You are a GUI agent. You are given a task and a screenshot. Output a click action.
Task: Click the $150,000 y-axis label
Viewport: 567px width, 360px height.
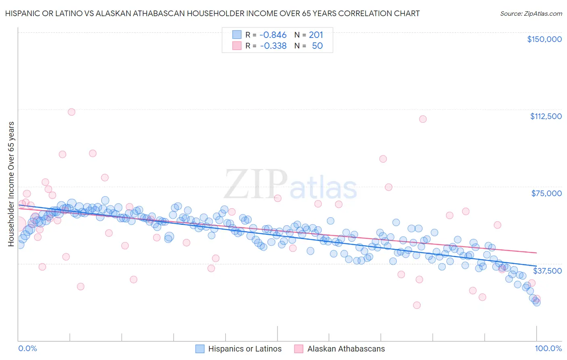tap(544, 39)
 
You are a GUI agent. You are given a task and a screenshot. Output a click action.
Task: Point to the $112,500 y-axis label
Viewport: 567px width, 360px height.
tap(546, 116)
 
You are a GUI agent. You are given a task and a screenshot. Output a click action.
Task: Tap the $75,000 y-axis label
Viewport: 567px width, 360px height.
tap(546, 193)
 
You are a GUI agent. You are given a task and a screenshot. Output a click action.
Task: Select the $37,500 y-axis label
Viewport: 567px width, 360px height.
tap(547, 271)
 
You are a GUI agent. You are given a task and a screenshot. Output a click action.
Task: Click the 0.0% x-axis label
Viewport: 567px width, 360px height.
tap(27, 348)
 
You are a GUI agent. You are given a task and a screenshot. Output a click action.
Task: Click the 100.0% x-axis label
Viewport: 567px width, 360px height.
tap(548, 348)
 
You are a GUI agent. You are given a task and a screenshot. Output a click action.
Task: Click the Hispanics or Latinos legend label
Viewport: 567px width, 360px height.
tap(245, 349)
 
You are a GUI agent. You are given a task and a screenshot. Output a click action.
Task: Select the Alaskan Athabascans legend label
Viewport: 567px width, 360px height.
tap(346, 349)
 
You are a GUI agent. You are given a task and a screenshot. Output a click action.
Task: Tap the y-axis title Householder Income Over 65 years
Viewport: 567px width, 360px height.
tap(11, 184)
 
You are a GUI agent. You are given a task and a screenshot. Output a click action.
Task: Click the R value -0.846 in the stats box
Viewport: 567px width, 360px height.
tap(273, 35)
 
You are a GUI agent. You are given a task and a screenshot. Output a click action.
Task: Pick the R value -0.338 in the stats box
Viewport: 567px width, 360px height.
tap(273, 46)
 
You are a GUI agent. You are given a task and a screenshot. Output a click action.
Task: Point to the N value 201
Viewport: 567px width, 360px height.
tap(316, 35)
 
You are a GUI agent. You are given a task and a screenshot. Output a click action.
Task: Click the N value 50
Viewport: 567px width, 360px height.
tap(317, 46)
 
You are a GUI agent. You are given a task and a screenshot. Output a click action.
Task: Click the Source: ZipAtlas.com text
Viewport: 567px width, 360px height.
tap(531, 14)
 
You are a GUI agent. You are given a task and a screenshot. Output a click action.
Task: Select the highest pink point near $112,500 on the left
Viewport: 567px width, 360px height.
tap(71, 112)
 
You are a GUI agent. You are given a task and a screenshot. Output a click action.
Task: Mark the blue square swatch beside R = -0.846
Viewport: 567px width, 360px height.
tap(237, 35)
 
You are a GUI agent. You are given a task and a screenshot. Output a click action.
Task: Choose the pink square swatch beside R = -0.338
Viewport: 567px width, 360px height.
tap(237, 46)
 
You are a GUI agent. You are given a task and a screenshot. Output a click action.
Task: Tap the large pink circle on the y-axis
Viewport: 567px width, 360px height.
tap(19, 224)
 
